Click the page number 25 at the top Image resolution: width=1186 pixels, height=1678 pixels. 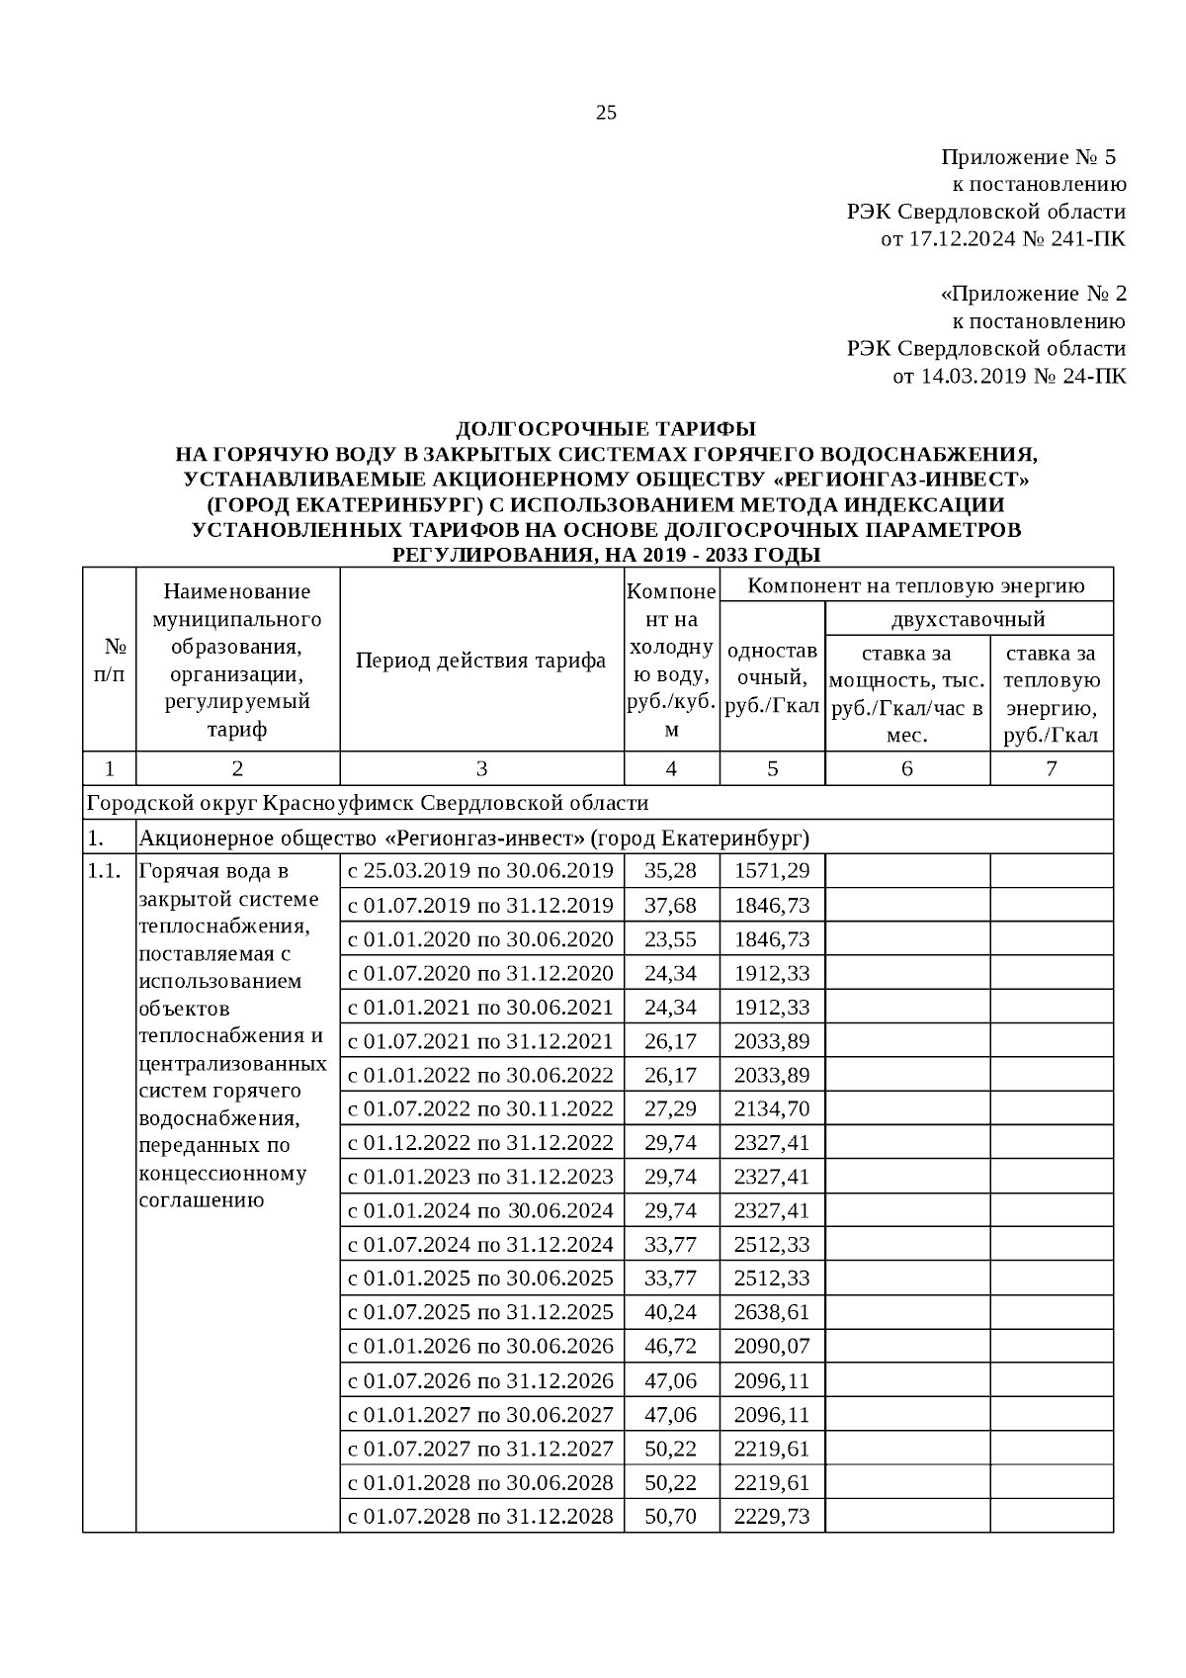(606, 113)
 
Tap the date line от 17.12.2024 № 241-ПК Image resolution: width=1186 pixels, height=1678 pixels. (1002, 239)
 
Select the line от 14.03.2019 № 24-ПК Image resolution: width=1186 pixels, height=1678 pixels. (1008, 376)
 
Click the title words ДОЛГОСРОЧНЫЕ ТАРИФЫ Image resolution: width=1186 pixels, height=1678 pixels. (605, 429)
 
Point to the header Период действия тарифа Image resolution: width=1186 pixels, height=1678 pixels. (480, 661)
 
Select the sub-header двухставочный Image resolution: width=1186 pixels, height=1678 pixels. (968, 620)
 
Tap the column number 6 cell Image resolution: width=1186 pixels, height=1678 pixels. (906, 769)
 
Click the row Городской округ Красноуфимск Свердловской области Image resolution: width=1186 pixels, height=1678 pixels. (368, 803)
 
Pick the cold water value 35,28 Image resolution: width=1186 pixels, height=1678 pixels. (670, 871)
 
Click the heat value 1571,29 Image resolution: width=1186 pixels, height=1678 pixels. (772, 871)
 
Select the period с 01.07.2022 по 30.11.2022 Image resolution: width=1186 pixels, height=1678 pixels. (480, 1108)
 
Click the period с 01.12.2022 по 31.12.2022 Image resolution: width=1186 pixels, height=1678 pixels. (480, 1143)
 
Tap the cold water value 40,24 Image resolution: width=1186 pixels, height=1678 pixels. (670, 1312)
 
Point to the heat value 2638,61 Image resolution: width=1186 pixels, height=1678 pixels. (772, 1312)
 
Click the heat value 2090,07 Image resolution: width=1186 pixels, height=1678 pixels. (772, 1347)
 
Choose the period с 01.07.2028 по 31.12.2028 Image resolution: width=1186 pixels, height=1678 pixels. (480, 1516)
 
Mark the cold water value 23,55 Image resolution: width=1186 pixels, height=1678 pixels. (670, 939)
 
